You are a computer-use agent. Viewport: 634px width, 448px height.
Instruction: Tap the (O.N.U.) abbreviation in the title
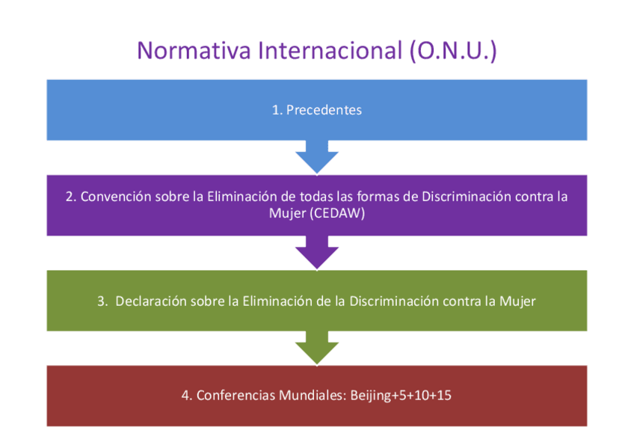coord(453,50)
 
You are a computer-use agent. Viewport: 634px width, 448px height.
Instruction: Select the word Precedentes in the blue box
coord(324,110)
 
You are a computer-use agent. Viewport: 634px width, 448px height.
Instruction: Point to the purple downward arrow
coord(317,252)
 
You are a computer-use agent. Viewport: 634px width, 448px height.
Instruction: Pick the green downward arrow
coord(317,347)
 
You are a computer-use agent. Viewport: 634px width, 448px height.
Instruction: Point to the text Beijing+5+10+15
coord(401,396)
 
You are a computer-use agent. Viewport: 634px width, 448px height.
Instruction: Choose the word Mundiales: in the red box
coord(311,396)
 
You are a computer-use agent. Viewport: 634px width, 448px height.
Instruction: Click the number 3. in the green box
coord(102,301)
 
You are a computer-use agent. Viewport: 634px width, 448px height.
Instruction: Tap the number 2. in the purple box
coord(70,197)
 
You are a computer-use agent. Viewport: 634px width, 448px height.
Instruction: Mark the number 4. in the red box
coord(186,396)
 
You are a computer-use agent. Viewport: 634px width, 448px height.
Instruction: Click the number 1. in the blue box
coord(277,110)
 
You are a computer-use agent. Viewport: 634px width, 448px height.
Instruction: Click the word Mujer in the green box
coord(520,301)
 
